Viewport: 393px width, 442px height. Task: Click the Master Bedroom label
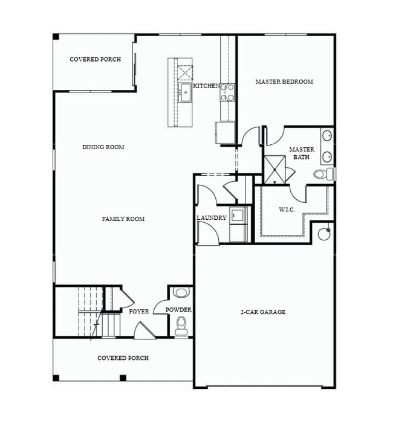coord(284,82)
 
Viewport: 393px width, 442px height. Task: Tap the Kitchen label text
coord(207,86)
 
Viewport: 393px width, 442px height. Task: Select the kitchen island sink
coord(184,93)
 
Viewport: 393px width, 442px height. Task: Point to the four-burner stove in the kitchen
coord(227,92)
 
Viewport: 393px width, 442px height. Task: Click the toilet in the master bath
coord(324,175)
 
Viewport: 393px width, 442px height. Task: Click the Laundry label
coord(212,218)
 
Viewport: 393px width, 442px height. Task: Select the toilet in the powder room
coord(181,327)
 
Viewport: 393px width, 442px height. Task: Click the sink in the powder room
coord(180,293)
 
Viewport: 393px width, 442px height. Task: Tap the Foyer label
coord(138,312)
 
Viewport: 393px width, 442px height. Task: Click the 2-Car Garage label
coord(264,312)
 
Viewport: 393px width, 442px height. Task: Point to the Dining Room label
coord(103,147)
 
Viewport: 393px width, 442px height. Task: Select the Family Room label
coord(123,219)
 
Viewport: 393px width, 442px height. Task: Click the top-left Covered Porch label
coord(95,60)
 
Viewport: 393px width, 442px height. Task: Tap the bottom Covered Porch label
coord(123,358)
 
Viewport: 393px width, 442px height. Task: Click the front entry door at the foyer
coord(144,330)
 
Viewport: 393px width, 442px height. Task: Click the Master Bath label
coord(301,153)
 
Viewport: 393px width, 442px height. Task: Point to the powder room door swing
coord(160,307)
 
